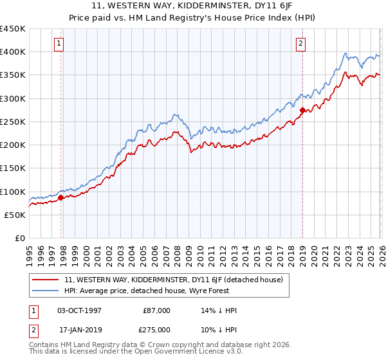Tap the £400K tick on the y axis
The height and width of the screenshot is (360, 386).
pyautogui.click(x=13, y=52)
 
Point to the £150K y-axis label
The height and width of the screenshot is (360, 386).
pyautogui.click(x=13, y=168)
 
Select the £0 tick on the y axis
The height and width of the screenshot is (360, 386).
pyautogui.click(x=20, y=239)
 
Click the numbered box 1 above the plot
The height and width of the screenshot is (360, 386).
pyautogui.click(x=59, y=44)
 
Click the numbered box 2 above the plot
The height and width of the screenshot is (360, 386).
pyautogui.click(x=300, y=44)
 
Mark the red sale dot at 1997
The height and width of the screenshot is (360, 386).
pyautogui.click(x=61, y=198)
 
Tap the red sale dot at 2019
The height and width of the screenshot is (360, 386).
pyautogui.click(x=302, y=111)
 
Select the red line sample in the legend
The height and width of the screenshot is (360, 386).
pyautogui.click(x=46, y=280)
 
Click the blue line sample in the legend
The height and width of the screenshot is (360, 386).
pyautogui.click(x=46, y=291)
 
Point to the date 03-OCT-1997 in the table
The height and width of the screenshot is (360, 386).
pyautogui.click(x=84, y=310)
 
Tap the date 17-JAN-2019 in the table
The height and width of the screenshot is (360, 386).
pyautogui.click(x=84, y=330)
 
